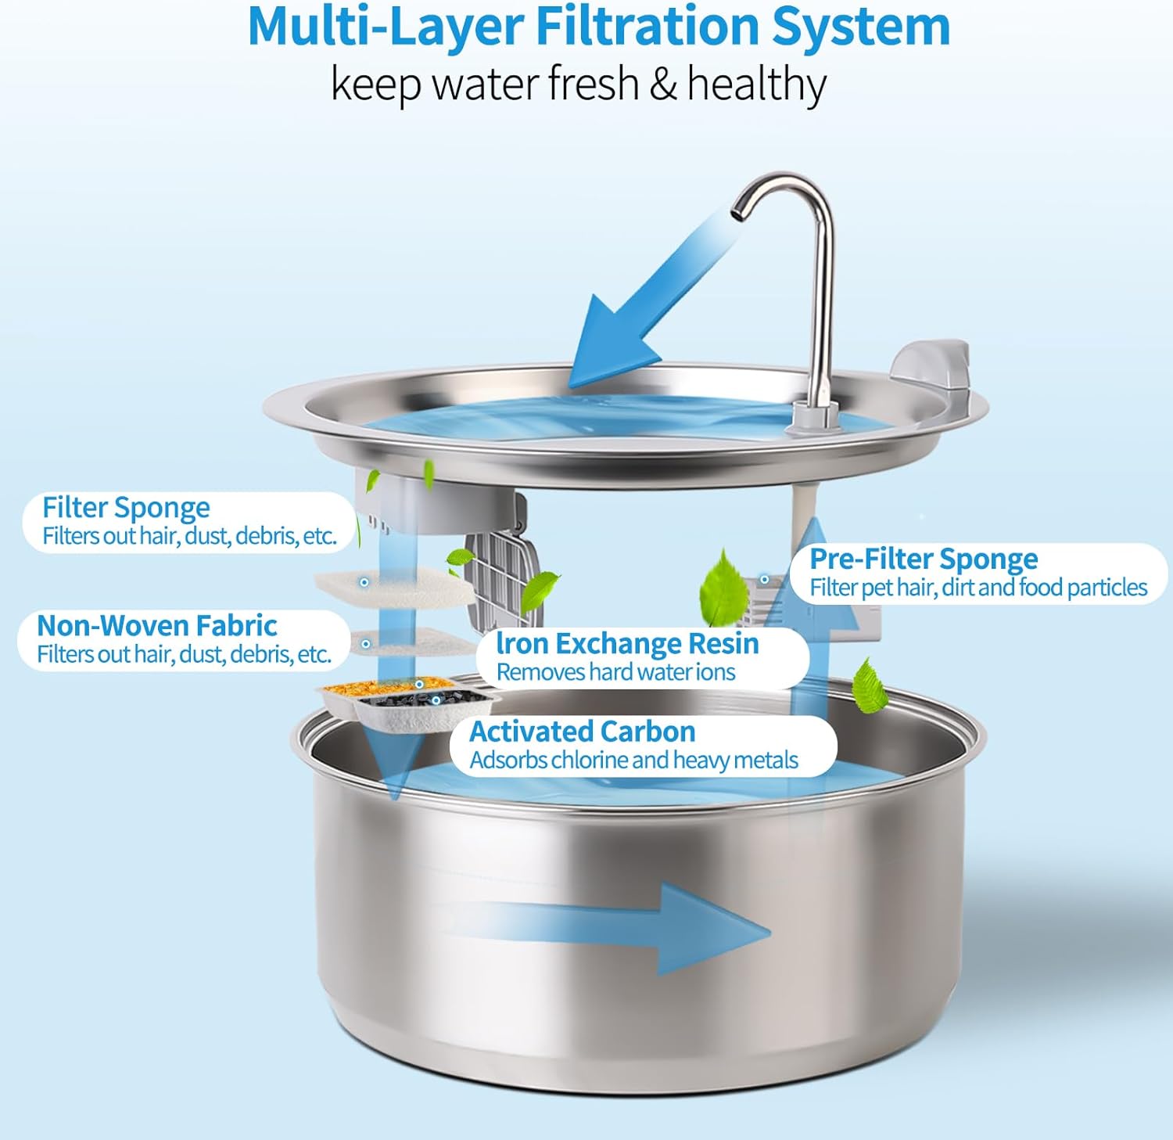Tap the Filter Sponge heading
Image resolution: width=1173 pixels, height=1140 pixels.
pyautogui.click(x=126, y=508)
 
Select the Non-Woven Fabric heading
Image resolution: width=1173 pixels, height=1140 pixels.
pyautogui.click(x=156, y=626)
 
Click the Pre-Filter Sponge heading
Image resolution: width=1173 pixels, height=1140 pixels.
pyautogui.click(x=924, y=559)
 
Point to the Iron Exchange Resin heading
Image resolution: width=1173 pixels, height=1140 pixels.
pyautogui.click(x=627, y=644)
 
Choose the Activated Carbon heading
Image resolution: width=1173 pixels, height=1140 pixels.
pyautogui.click(x=582, y=732)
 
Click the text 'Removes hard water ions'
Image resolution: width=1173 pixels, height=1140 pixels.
pyautogui.click(x=615, y=672)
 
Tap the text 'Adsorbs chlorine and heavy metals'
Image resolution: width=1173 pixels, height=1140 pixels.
pyautogui.click(x=633, y=760)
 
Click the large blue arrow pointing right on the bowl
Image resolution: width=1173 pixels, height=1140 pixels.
pyautogui.click(x=626, y=927)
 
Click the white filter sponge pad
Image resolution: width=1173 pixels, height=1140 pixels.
pyautogui.click(x=391, y=588)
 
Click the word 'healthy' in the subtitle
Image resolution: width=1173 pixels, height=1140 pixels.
pyautogui.click(x=755, y=85)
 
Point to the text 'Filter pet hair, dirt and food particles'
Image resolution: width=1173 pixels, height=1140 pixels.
pyautogui.click(x=977, y=588)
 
